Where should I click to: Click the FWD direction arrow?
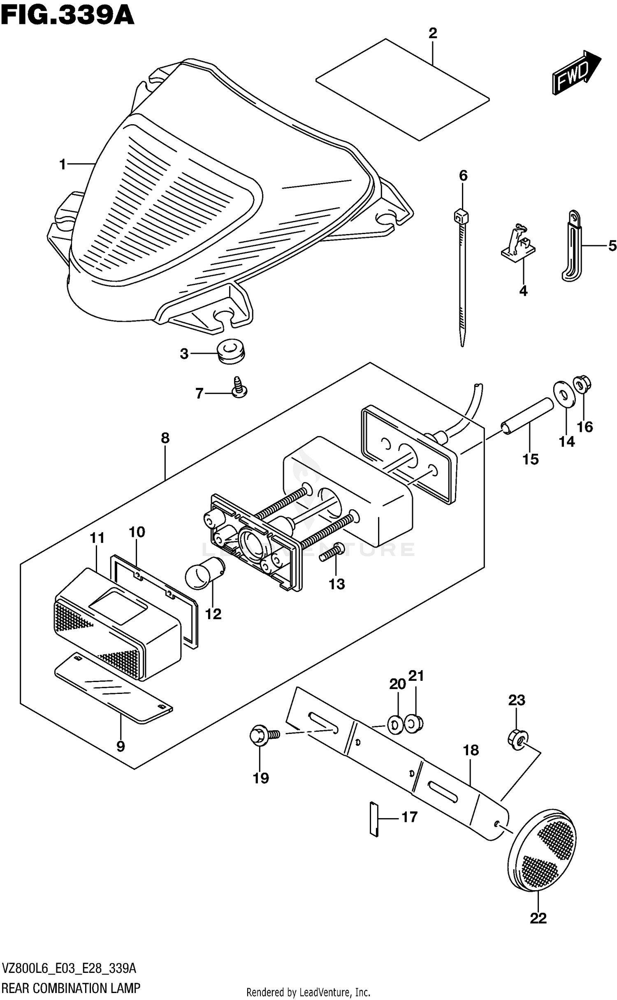coord(575,73)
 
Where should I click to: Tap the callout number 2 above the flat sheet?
coord(432,33)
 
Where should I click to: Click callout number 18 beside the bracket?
coord(471,751)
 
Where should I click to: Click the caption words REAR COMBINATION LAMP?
coord(72,987)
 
